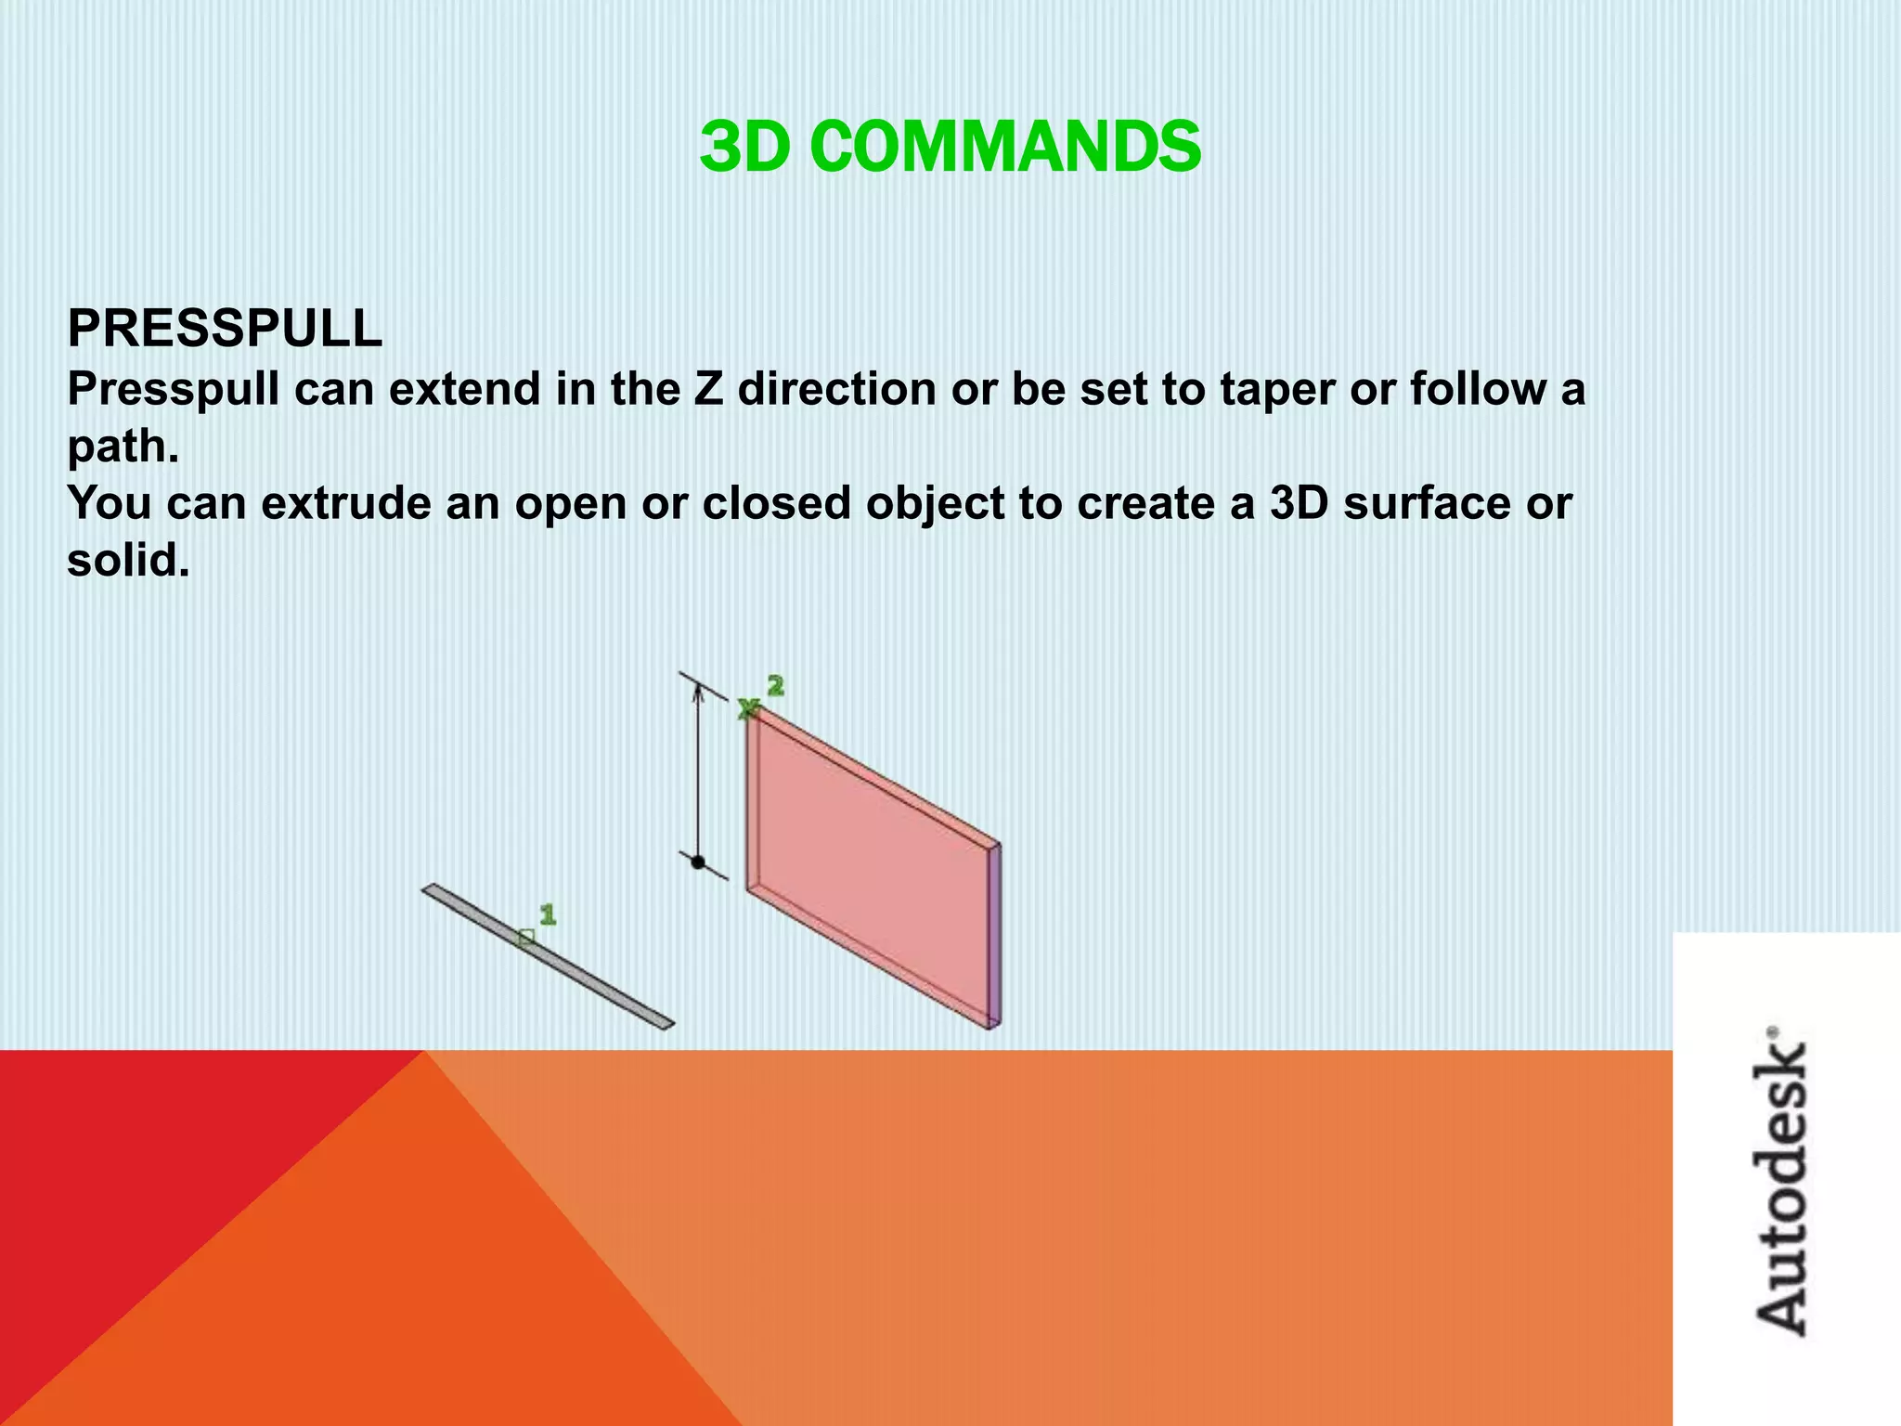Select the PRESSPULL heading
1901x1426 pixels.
coord(225,329)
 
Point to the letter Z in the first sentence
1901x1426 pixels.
coord(708,388)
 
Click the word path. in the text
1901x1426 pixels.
coord(123,447)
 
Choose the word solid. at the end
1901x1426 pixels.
coord(128,561)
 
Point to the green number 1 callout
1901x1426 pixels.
coord(548,915)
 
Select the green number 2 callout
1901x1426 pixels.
coord(776,686)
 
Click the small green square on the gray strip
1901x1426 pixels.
coord(526,938)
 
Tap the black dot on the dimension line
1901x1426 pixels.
coord(698,862)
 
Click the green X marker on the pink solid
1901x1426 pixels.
coord(748,709)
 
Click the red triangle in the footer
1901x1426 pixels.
coord(139,1160)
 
